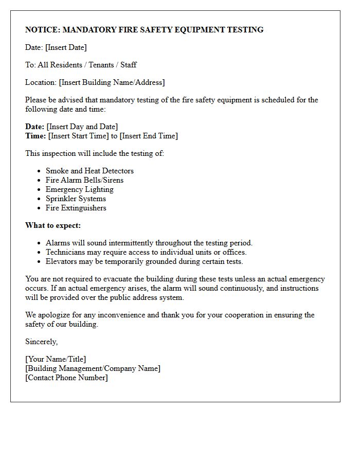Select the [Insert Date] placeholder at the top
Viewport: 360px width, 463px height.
coord(66,47)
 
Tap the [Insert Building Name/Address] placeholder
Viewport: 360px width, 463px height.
coord(112,82)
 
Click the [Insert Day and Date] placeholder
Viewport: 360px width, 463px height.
coord(82,127)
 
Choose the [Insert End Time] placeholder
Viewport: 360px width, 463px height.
coord(149,136)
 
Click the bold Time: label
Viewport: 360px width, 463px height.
coord(35,136)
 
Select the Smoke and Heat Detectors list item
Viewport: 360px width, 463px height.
coord(89,171)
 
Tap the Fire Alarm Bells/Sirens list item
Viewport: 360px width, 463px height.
coord(84,180)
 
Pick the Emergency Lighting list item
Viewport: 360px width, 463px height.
coord(80,189)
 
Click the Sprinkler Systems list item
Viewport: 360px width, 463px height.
coord(76,199)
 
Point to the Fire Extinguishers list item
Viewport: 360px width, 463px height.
coord(76,208)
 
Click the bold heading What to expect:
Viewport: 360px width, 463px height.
coord(53,225)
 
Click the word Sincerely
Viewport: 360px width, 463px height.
coord(41,342)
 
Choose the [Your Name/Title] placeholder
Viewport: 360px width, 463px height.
coord(56,359)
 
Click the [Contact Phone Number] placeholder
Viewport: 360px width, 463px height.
coord(66,378)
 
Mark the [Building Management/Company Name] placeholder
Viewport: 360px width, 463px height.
coord(93,368)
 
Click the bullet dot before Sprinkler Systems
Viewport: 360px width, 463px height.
coord(40,199)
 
